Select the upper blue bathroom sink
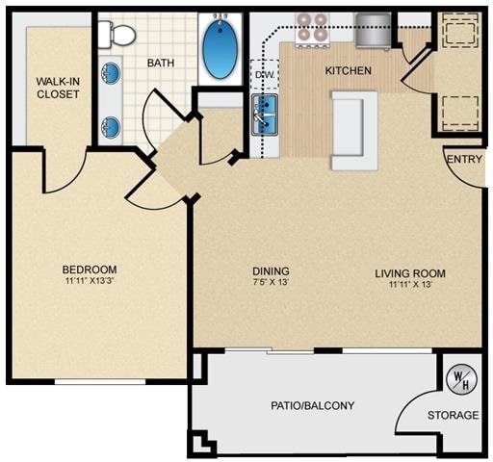click(x=112, y=72)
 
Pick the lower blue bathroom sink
click(x=112, y=124)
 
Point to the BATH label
click(x=161, y=64)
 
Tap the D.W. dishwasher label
click(x=263, y=73)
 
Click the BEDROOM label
click(x=90, y=269)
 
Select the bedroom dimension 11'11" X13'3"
click(x=90, y=282)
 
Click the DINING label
click(x=270, y=271)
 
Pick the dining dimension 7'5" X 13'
click(x=270, y=285)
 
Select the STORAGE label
click(x=453, y=416)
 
